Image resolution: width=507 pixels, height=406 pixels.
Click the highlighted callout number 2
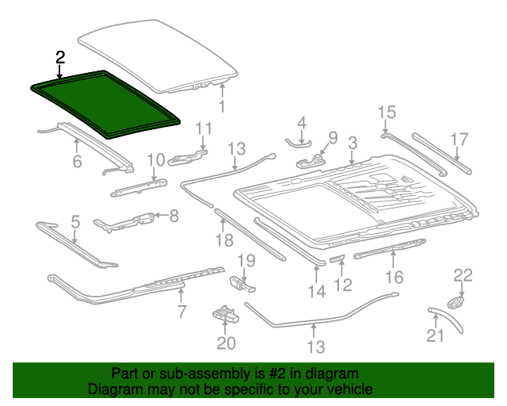click(60, 57)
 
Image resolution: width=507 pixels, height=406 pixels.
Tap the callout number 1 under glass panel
click(222, 105)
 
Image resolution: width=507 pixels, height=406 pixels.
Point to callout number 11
click(204, 128)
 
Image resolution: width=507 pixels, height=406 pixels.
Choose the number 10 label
click(154, 160)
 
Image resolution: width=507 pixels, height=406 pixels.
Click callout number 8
click(173, 214)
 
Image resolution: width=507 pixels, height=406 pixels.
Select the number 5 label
click(75, 222)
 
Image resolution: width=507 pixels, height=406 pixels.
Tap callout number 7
click(182, 312)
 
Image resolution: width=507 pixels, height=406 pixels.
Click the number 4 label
click(301, 122)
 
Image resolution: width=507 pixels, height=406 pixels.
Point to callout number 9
click(333, 138)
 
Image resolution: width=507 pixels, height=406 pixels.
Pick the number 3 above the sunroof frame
click(353, 143)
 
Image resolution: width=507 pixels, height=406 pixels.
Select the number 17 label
click(460, 140)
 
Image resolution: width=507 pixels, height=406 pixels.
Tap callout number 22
click(463, 275)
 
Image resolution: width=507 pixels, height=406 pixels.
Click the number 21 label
click(436, 335)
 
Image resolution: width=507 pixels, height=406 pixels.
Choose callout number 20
click(227, 343)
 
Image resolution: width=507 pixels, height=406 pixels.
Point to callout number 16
click(394, 277)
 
